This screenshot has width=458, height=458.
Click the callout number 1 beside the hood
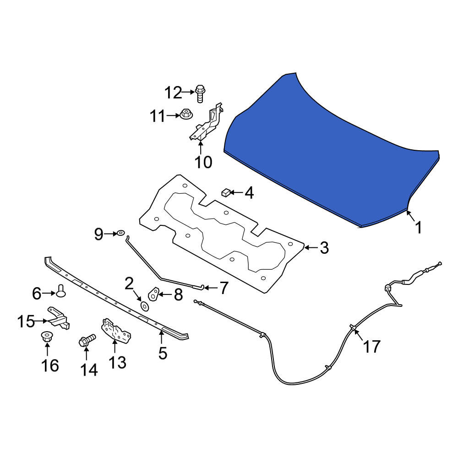coord(419,228)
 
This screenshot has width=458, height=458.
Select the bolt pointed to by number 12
coord(200,93)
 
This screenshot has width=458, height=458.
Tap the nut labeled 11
coord(186,114)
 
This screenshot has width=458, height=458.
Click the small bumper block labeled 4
coord(226,193)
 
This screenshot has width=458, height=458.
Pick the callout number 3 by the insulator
coord(324,248)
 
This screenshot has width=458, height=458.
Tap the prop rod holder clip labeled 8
coord(153,294)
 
